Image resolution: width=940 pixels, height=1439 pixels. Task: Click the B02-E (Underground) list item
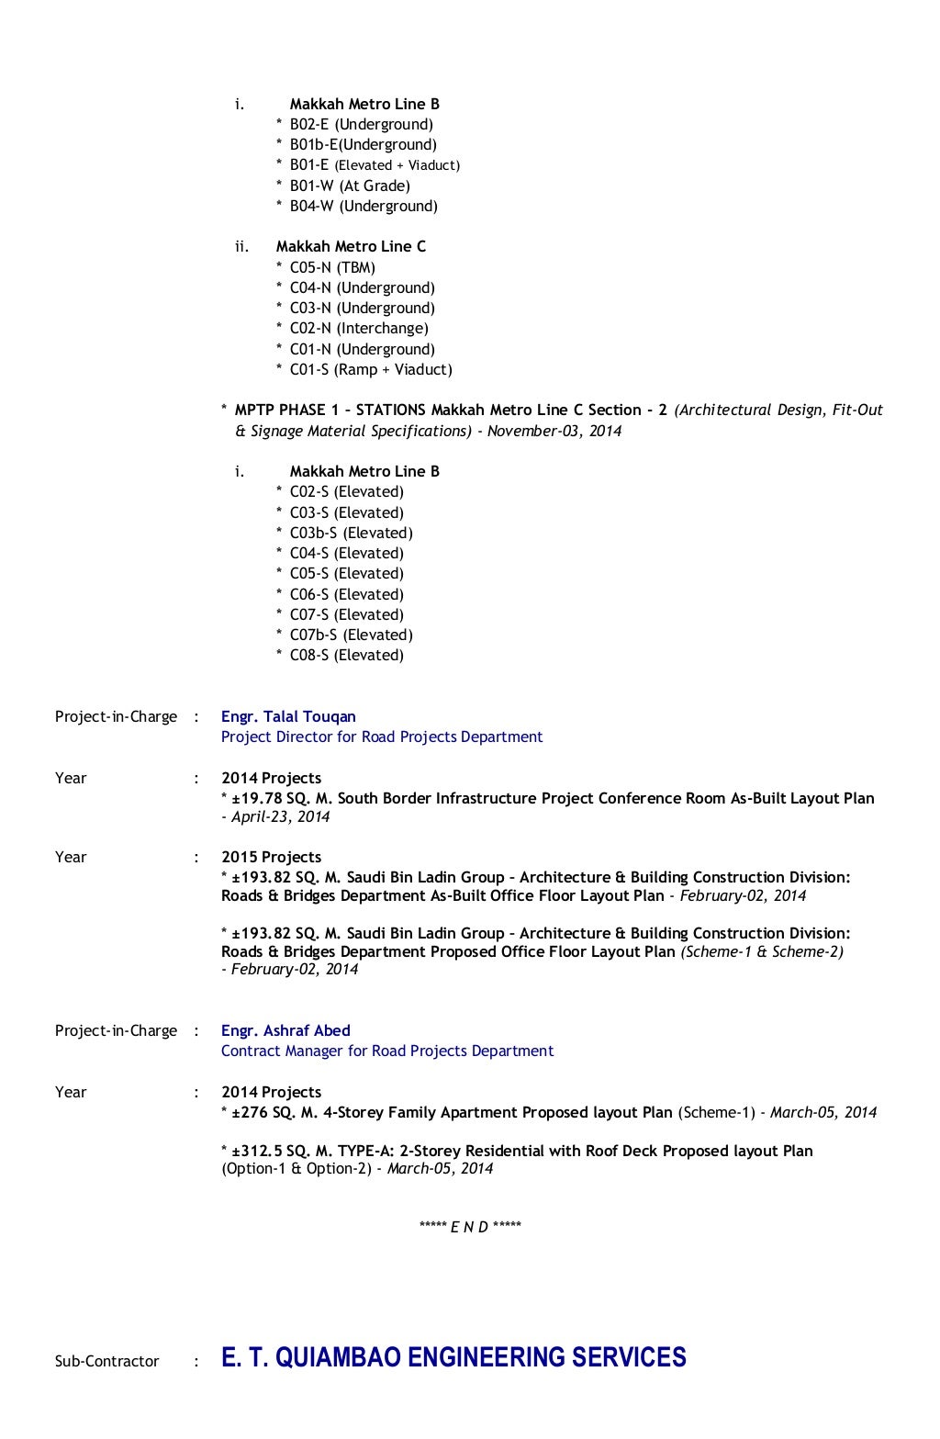tap(361, 124)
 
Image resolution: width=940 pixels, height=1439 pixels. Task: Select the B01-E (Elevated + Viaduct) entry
tap(375, 165)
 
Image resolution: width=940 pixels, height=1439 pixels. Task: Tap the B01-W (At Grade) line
tap(350, 185)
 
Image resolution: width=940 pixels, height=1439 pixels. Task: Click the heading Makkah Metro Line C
tap(351, 246)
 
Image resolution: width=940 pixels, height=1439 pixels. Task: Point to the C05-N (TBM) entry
tap(332, 267)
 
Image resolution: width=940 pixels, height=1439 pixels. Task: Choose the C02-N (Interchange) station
tap(359, 328)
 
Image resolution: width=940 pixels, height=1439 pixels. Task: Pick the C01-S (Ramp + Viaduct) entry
tap(371, 369)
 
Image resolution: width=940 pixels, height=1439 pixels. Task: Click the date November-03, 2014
tap(554, 431)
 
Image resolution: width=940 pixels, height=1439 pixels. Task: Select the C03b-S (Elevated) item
tap(351, 533)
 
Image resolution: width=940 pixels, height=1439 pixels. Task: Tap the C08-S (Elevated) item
tap(346, 655)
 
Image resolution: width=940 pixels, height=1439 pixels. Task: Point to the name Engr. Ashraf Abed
tap(285, 1030)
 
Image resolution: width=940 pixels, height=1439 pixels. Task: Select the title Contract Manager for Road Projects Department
tap(386, 1051)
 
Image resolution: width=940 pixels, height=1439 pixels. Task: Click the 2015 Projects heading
tap(271, 857)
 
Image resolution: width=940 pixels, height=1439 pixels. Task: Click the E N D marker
tap(470, 1227)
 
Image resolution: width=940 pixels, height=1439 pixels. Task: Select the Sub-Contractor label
tap(106, 1361)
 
